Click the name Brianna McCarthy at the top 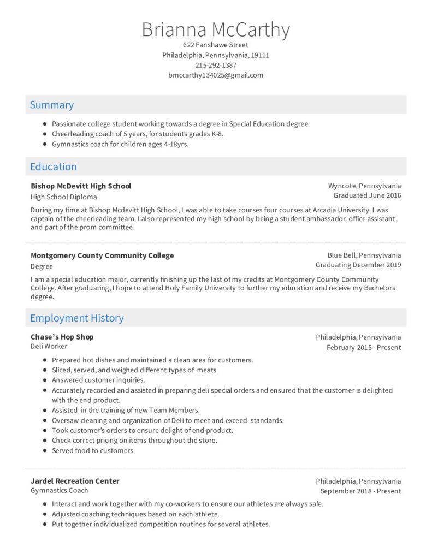[216, 29]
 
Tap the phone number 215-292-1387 [216, 65]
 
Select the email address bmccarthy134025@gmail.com [216, 75]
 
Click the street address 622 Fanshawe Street [216, 45]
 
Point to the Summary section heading [52, 105]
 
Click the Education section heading [53, 166]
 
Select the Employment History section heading [76, 318]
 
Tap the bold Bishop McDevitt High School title [81, 186]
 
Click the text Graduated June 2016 [367, 195]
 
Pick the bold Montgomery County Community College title [102, 255]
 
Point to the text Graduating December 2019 [358, 265]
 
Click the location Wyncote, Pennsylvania [364, 186]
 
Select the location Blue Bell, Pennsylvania [364, 255]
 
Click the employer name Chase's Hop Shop [62, 337]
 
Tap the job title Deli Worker [49, 346]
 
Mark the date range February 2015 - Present [364, 347]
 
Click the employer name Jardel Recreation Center [75, 481]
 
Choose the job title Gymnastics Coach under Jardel [59, 490]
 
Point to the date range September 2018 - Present [360, 491]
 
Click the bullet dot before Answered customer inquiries [44, 380]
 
